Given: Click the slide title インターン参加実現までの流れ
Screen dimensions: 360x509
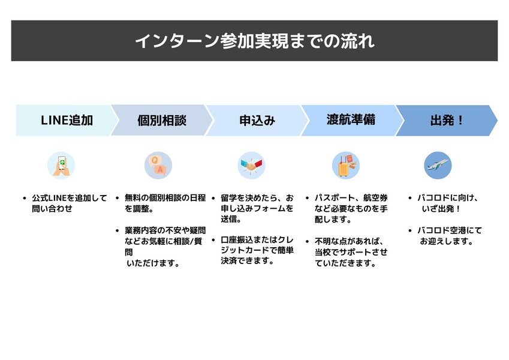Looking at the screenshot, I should click(254, 41).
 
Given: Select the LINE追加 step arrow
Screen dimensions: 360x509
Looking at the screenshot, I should click(66, 120).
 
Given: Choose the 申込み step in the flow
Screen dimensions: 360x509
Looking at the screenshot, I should click(257, 120).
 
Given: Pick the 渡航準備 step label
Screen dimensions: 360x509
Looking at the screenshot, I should click(351, 119).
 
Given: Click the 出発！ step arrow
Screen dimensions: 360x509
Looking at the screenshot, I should click(447, 120).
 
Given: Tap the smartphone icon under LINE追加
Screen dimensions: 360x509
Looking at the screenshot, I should click(61, 165).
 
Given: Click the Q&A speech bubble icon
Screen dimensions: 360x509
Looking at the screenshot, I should click(158, 165).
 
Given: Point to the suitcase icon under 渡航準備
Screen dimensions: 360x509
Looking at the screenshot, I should click(345, 166).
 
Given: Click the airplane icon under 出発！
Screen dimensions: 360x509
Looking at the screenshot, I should click(438, 165).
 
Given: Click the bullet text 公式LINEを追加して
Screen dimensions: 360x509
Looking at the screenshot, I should click(69, 197).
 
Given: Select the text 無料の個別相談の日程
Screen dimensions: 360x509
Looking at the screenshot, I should click(165, 197).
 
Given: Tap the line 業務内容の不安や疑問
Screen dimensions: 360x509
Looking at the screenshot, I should click(165, 230).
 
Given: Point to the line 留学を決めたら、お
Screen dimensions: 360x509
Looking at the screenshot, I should click(257, 197).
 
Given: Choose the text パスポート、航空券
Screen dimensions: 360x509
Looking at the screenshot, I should click(351, 197).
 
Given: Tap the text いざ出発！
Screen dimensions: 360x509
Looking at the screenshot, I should click(441, 208).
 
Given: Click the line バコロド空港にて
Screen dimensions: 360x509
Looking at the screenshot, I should click(450, 230).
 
